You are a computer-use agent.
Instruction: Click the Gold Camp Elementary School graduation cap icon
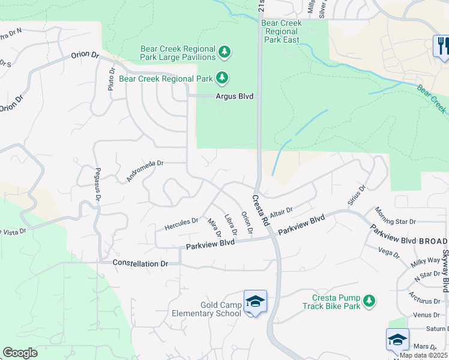pyautogui.click(x=255, y=302)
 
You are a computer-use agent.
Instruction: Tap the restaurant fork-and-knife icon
pyautogui.click(x=442, y=47)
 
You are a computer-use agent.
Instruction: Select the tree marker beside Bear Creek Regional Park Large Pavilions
pyautogui.click(x=224, y=52)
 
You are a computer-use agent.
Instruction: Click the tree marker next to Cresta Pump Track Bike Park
pyautogui.click(x=370, y=300)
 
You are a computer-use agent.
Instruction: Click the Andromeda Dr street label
pyautogui.click(x=145, y=170)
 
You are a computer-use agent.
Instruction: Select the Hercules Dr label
pyautogui.click(x=181, y=224)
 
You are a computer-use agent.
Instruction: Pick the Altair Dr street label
pyautogui.click(x=281, y=212)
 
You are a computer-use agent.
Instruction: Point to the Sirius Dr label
pyautogui.click(x=357, y=196)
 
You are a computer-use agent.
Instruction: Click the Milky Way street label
pyautogui.click(x=426, y=262)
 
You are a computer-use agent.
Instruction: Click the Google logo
pyautogui.click(x=20, y=353)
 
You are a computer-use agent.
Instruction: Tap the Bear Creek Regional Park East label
pyautogui.click(x=281, y=32)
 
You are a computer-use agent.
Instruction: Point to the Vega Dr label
pyautogui.click(x=389, y=253)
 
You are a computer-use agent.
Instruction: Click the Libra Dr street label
pyautogui.click(x=229, y=224)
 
